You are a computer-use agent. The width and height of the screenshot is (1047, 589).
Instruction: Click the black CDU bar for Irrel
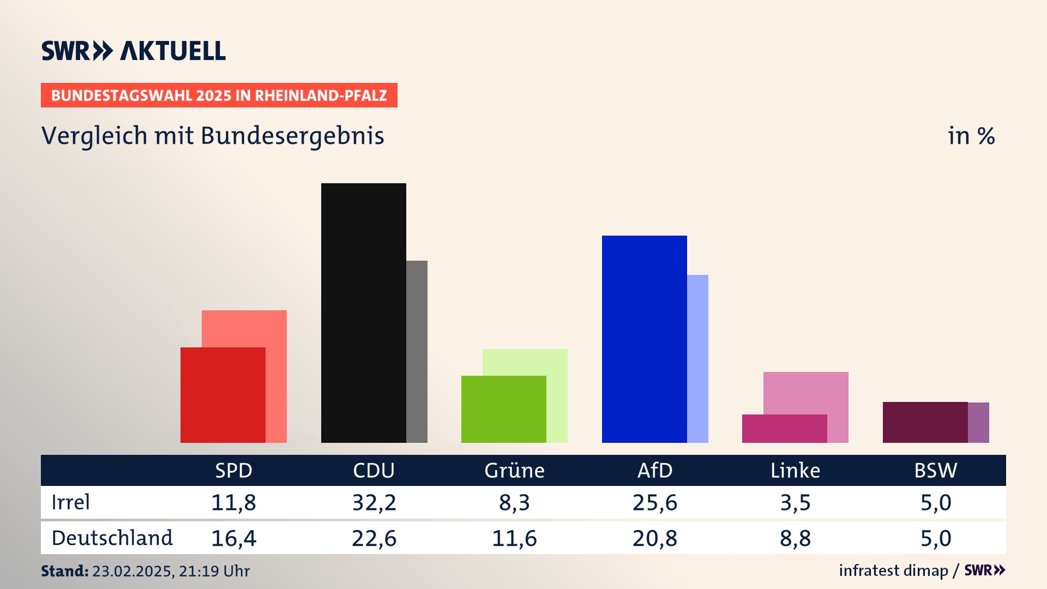click(363, 312)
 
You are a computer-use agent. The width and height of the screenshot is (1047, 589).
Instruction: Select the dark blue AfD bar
click(644, 339)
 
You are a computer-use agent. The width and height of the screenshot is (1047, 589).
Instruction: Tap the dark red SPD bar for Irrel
click(222, 395)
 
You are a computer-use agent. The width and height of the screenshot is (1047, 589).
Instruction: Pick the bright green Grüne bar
click(503, 409)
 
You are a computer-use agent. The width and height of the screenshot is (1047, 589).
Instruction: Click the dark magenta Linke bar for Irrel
click(784, 429)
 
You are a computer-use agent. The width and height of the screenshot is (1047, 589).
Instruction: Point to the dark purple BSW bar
click(925, 422)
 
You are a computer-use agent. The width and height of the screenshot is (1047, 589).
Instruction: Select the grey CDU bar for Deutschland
click(417, 352)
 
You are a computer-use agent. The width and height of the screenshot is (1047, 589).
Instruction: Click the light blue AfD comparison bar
click(697, 358)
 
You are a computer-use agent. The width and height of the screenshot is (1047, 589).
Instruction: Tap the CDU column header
click(374, 471)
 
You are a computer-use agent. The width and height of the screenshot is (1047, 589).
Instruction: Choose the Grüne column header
click(514, 471)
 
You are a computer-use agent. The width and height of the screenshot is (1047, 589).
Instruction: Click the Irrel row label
click(70, 502)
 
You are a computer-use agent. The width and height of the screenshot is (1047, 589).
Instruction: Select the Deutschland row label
click(112, 538)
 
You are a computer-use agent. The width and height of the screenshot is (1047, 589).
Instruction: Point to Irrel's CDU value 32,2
click(374, 502)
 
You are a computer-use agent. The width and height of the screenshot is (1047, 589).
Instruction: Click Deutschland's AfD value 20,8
click(655, 538)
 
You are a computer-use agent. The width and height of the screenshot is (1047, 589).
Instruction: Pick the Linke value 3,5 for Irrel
click(795, 502)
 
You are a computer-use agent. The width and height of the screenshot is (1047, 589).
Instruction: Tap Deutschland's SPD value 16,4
click(233, 538)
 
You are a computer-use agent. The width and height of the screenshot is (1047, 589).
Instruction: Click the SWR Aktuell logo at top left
click(134, 51)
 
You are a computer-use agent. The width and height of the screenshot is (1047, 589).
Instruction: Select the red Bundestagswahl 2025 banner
click(219, 95)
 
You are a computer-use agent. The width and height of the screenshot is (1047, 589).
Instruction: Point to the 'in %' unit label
click(971, 136)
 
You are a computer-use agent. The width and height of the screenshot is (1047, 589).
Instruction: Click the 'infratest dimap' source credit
click(893, 570)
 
